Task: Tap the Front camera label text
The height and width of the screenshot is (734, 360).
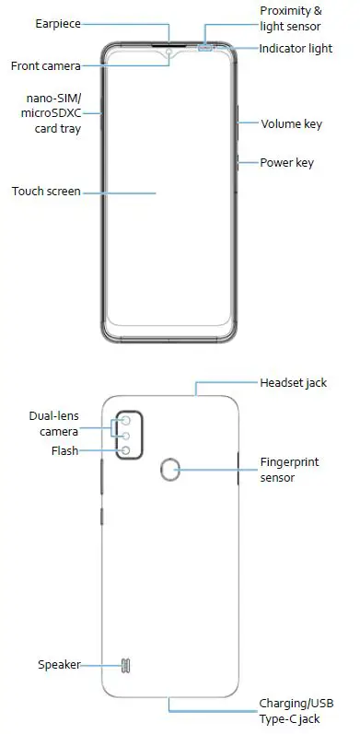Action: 45,66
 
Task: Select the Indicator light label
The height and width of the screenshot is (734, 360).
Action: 296,48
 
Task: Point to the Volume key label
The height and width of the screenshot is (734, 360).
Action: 291,123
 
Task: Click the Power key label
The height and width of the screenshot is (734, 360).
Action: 286,163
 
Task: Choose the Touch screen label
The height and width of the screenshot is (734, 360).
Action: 46,192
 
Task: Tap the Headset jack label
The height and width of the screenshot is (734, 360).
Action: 293,382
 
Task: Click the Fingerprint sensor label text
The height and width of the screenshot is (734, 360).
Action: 289,470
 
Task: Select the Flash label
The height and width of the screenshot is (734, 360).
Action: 64,451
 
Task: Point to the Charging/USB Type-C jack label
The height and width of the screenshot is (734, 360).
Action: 295,713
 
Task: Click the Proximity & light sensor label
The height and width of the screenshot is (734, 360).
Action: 291,18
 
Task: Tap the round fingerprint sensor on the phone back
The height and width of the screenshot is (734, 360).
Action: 169,472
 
